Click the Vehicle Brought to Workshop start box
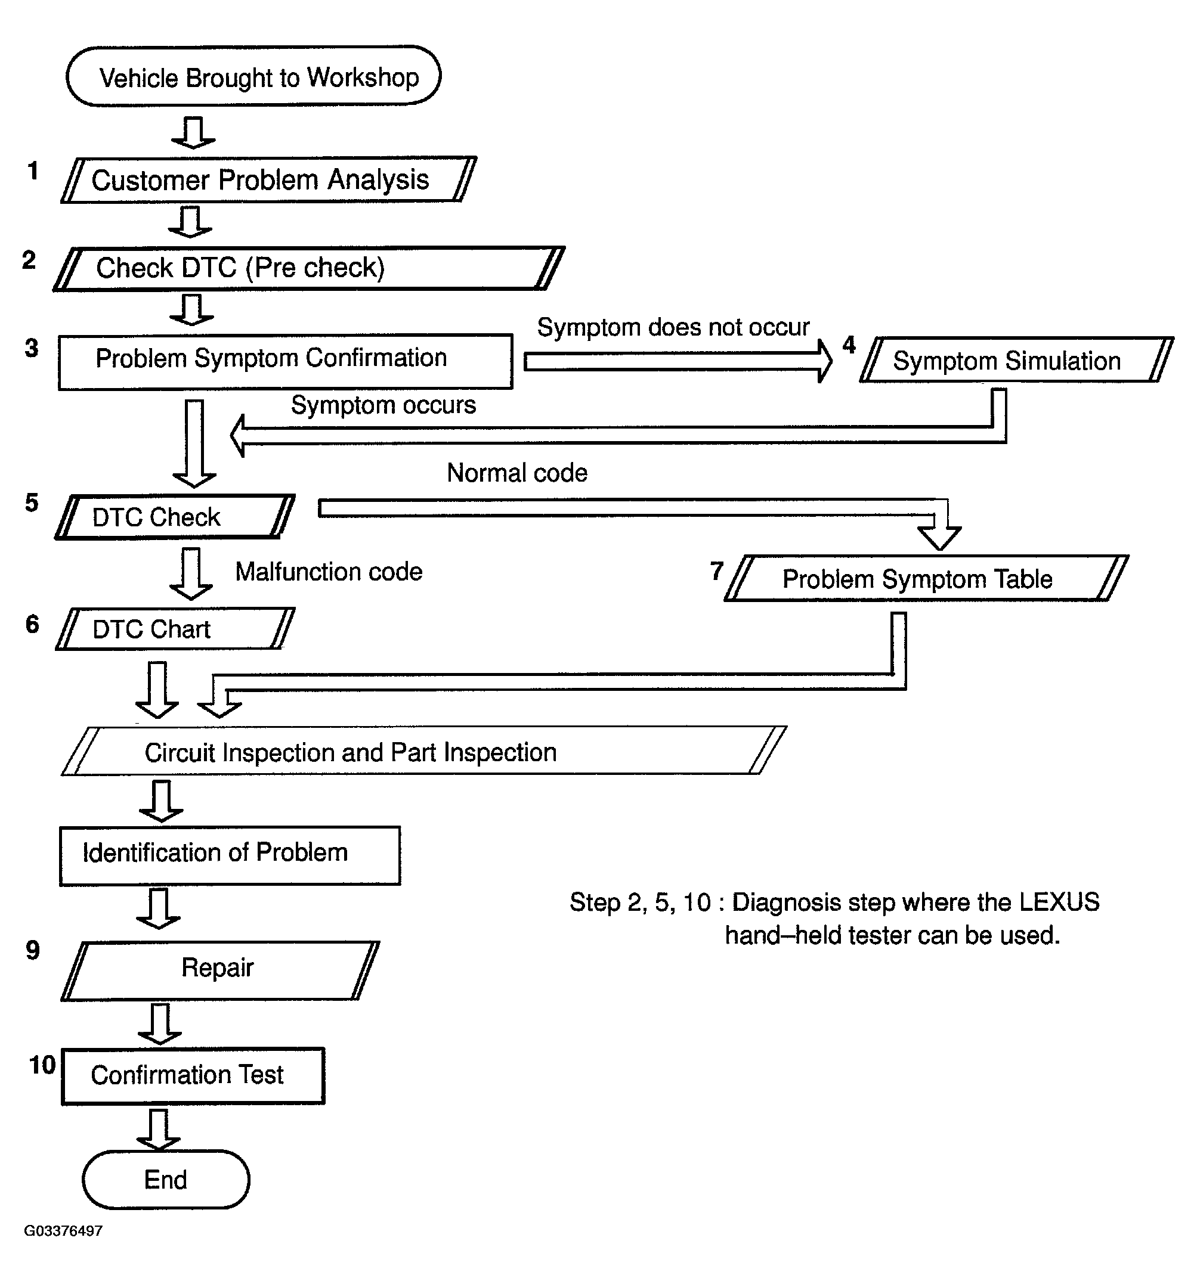253,76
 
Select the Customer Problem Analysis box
268,180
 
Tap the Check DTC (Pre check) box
309,269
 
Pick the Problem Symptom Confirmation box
286,361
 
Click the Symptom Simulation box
1016,359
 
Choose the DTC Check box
175,517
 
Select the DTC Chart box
175,629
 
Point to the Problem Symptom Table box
926,578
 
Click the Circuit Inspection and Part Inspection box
423,750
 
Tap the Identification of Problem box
230,856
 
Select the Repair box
221,971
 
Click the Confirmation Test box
193,1076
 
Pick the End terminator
166,1179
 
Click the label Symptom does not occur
673,327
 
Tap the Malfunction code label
329,572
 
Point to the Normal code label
517,473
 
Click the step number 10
42,1065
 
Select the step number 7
717,571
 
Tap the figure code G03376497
63,1232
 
